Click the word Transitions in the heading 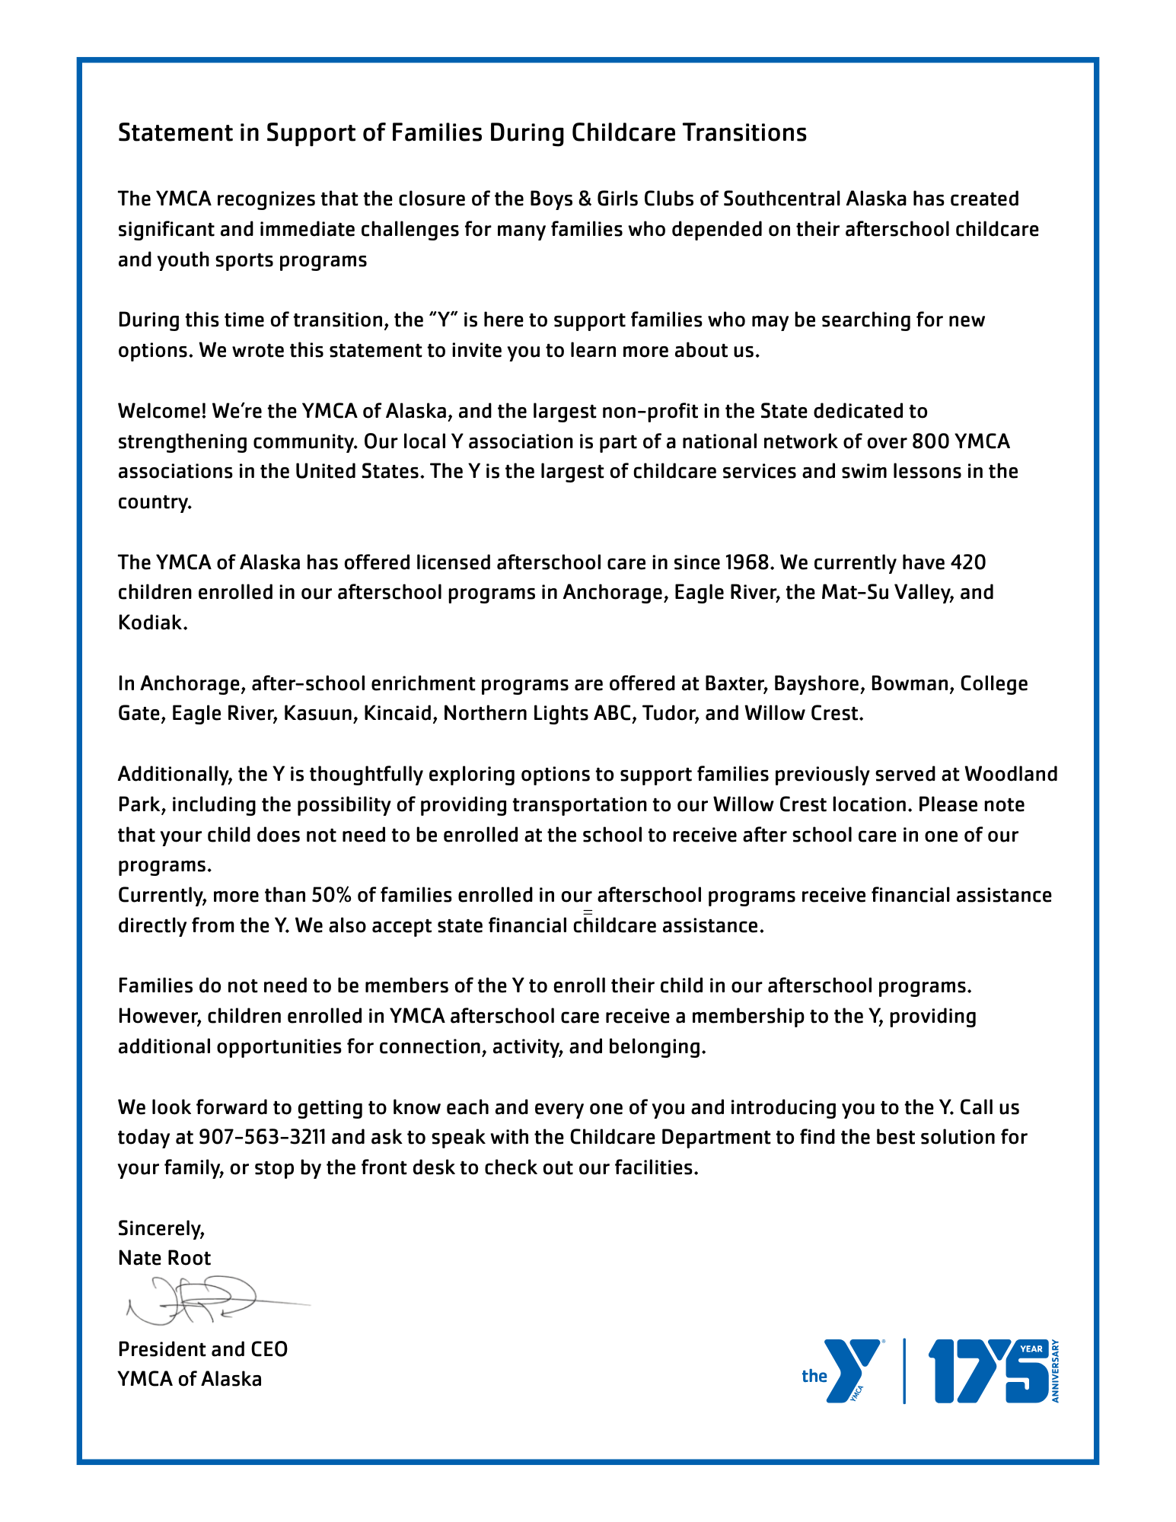coord(744,133)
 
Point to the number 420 coord(968,562)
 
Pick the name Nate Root coord(164,1258)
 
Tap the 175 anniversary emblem coord(990,1371)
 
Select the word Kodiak coord(151,623)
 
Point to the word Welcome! coord(162,412)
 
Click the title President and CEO coord(202,1349)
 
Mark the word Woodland coord(1012,775)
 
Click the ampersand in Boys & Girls coord(585,199)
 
